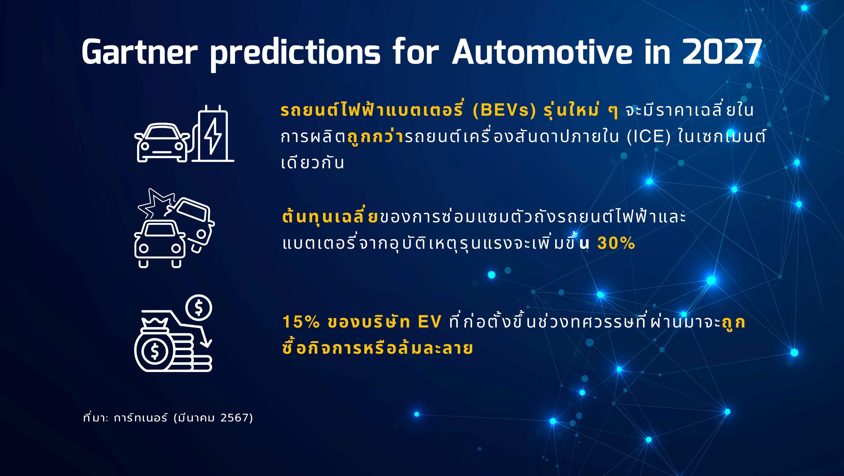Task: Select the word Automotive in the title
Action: coord(542,52)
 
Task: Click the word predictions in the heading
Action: coord(295,54)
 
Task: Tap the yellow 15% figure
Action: coord(301,322)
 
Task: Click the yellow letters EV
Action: coord(430,322)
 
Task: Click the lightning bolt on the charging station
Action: coord(213,136)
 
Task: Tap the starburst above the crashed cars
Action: coord(156,203)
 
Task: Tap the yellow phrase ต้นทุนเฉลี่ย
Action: coord(330,216)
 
